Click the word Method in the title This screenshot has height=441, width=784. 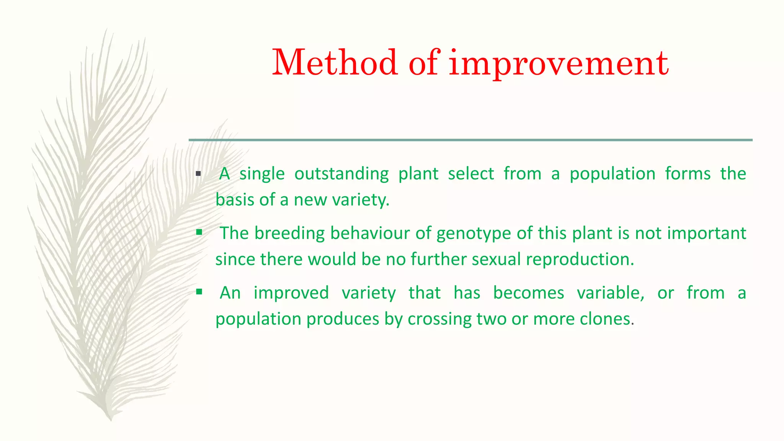click(x=335, y=62)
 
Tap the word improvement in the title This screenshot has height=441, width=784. click(x=559, y=63)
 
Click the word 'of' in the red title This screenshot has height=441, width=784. click(x=424, y=62)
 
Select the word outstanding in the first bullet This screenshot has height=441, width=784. click(x=341, y=174)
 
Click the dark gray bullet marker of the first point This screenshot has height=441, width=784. click(x=198, y=174)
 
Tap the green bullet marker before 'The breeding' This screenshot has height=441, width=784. click(x=199, y=232)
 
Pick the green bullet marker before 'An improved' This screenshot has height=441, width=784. click(x=199, y=292)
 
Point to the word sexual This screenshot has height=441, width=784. click(x=496, y=259)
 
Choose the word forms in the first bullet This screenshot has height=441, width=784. click(x=688, y=173)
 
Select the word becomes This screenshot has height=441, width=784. click(x=528, y=293)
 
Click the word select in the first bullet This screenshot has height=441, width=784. click(x=471, y=173)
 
